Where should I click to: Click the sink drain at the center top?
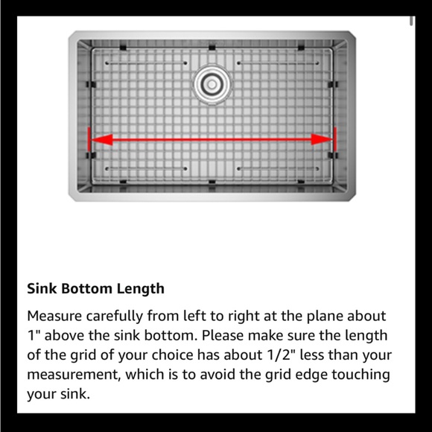(212, 84)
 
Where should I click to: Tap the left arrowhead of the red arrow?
(103, 139)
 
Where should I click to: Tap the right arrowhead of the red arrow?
(322, 139)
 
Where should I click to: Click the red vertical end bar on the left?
(90, 139)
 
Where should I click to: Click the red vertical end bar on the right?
(335, 139)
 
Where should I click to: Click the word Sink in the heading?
(41, 288)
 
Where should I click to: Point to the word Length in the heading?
(141, 288)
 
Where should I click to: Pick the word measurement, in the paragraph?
(72, 375)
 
